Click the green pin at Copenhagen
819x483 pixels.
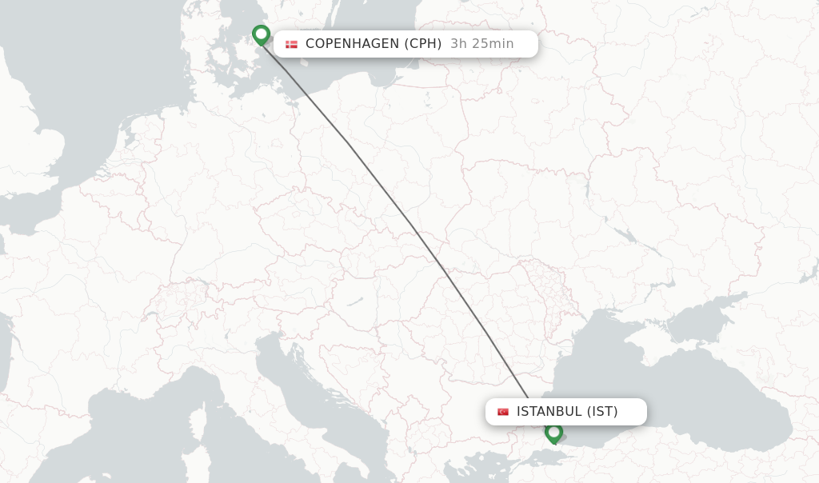[261, 34]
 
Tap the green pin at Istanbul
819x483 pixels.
[553, 433]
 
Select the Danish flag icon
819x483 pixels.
[291, 44]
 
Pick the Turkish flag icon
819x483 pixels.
[503, 412]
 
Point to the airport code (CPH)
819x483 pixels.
[423, 44]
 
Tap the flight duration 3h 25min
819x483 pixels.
[481, 44]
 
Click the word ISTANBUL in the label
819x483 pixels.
[549, 412]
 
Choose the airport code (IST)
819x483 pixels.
[602, 412]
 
